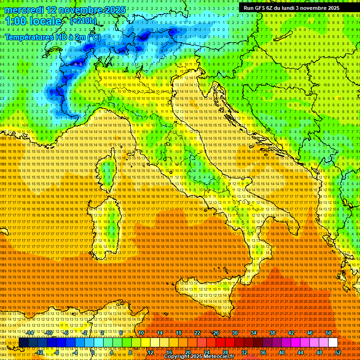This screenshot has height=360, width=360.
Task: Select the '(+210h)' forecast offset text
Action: click(83, 21)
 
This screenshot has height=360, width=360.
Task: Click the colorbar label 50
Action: click(329, 333)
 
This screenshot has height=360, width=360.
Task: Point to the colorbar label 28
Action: click(225, 352)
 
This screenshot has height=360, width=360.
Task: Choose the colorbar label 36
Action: click(262, 352)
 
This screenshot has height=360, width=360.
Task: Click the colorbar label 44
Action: click(300, 352)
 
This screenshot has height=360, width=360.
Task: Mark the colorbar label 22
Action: click(197, 333)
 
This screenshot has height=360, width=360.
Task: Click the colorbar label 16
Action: click(169, 352)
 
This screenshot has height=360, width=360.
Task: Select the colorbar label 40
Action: click(281, 352)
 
